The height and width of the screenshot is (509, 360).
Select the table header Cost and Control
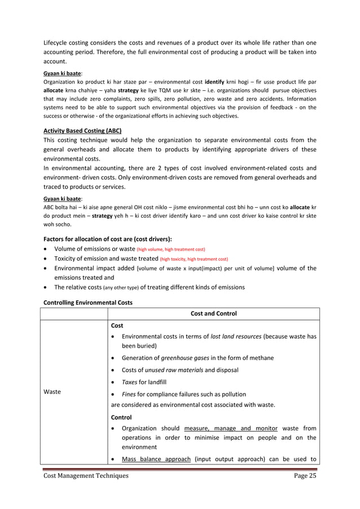point(214,313)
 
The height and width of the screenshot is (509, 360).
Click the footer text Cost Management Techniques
point(86,476)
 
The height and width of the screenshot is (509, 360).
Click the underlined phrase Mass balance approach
point(156,459)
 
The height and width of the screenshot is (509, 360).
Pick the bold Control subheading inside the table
point(121,417)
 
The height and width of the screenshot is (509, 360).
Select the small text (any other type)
point(106,288)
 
